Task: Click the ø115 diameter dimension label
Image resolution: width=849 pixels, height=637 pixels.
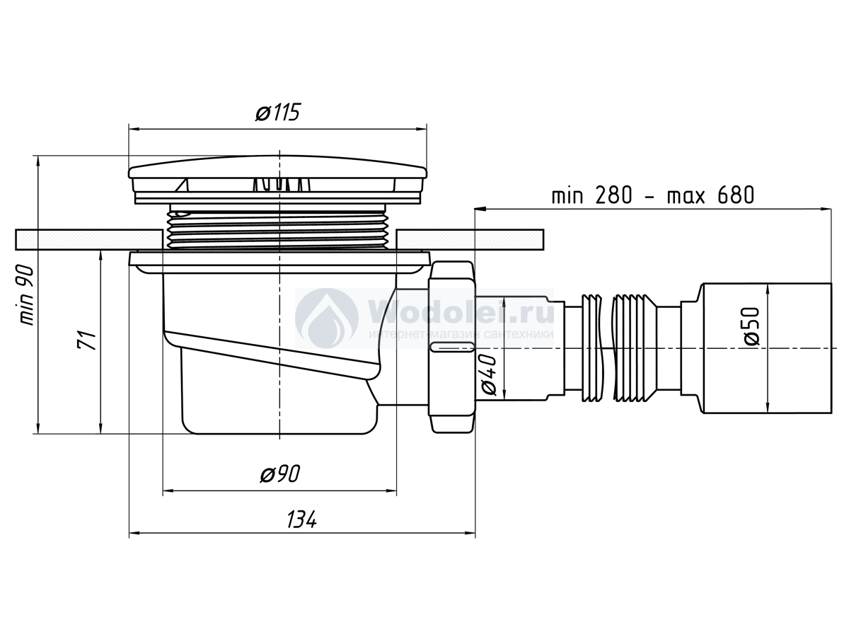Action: point(278,113)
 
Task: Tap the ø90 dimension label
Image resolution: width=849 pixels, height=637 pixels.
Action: point(280,474)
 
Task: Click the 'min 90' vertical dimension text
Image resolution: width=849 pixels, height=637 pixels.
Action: point(27,295)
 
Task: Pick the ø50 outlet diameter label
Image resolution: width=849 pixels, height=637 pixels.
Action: point(751,326)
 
